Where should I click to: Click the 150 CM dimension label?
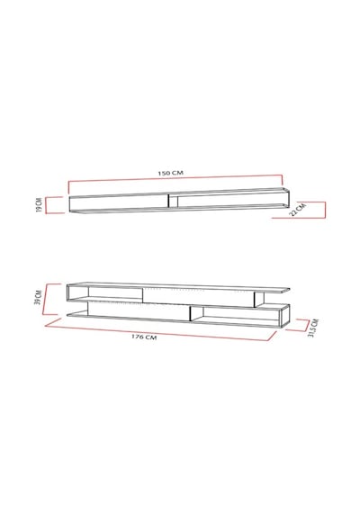pyautogui.click(x=170, y=173)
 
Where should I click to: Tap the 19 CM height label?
pyautogui.click(x=39, y=205)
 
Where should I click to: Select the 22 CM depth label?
pyautogui.click(x=298, y=210)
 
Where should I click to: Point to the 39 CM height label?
pyautogui.click(x=39, y=297)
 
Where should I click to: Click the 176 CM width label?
pyautogui.click(x=144, y=337)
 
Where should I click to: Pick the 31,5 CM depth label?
pyautogui.click(x=313, y=328)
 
